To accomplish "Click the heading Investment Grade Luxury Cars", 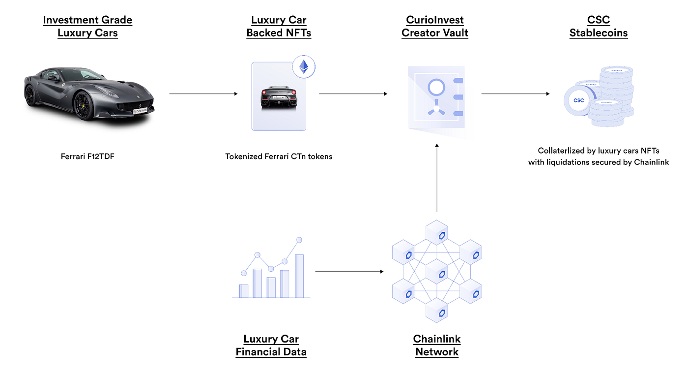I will (x=87, y=27).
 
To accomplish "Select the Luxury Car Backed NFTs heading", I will (x=279, y=27).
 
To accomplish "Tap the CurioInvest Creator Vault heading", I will (x=435, y=27).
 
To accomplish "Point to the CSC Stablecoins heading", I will (x=599, y=27).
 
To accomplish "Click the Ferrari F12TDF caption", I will (x=87, y=157).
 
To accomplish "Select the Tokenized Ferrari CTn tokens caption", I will (x=279, y=157).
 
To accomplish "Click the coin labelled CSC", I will (x=578, y=100).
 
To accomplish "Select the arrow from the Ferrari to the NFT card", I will (x=203, y=94).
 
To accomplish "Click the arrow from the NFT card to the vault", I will (x=353, y=94).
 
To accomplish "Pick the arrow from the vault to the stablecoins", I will (x=515, y=94).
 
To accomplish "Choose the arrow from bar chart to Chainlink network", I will (x=349, y=271).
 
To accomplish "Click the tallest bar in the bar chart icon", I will (x=299, y=276).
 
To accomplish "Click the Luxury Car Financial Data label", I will (x=271, y=345).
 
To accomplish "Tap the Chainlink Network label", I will (x=437, y=345).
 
